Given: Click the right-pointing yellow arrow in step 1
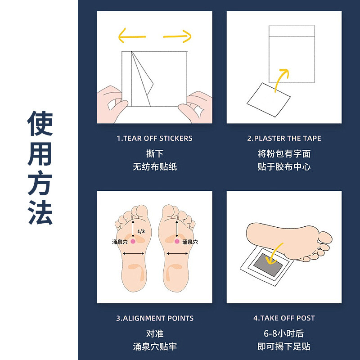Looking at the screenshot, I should pyautogui.click(x=177, y=36).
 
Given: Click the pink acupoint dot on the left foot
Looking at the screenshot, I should pyautogui.click(x=133, y=242).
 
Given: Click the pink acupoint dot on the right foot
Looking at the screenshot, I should pyautogui.click(x=176, y=242).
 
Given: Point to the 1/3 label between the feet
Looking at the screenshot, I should pyautogui.click(x=141, y=231).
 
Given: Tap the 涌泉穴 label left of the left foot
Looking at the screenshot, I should pyautogui.click(x=120, y=242).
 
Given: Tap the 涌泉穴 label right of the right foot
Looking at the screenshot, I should pyautogui.click(x=190, y=242).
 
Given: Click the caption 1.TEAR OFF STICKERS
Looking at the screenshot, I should pyautogui.click(x=155, y=138).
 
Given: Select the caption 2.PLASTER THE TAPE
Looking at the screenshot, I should pyautogui.click(x=284, y=138).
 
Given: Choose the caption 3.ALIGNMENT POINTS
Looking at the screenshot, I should pyautogui.click(x=155, y=318).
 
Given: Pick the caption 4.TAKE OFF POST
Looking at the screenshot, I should pyautogui.click(x=284, y=318).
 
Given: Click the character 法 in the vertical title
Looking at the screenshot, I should pyautogui.click(x=40, y=211).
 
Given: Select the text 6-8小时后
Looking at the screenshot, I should pyautogui.click(x=284, y=333).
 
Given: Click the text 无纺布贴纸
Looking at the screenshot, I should pyautogui.click(x=155, y=166).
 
